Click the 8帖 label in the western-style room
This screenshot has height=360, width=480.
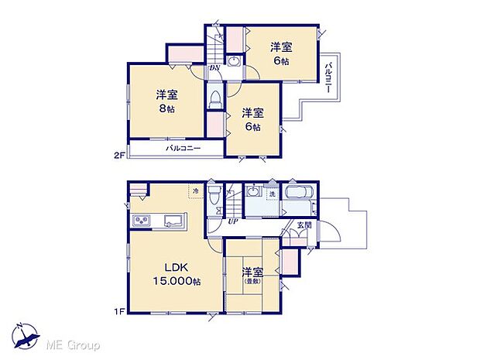(167, 109)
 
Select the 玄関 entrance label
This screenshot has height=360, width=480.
(304, 225)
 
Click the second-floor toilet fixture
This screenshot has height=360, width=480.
(216, 100)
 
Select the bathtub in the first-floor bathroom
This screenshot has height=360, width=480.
(298, 194)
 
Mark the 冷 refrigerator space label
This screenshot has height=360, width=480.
(196, 191)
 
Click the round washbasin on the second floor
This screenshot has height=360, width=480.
(233, 62)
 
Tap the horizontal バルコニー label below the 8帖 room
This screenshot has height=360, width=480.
(183, 148)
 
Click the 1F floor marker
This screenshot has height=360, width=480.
(118, 312)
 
